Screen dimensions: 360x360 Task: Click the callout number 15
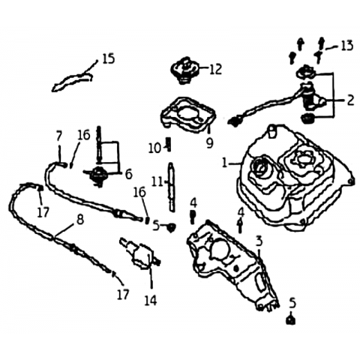(x=109, y=58)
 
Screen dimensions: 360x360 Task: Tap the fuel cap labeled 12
(x=185, y=70)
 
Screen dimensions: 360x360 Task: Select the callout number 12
(x=215, y=69)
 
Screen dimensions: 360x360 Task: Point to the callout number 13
(x=346, y=46)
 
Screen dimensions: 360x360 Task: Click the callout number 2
(x=350, y=100)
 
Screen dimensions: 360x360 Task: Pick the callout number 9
(x=209, y=143)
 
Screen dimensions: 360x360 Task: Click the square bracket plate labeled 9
(x=188, y=115)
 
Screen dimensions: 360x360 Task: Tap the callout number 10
(x=154, y=149)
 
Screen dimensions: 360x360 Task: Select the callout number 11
(x=157, y=182)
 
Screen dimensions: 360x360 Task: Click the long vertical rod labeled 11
(x=171, y=186)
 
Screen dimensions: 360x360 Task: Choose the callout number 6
(x=128, y=174)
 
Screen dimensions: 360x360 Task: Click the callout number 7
(x=58, y=136)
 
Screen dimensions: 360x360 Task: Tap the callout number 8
(x=80, y=220)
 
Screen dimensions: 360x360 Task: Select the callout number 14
(x=151, y=300)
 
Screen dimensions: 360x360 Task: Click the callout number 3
(x=259, y=241)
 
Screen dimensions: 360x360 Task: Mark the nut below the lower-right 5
(x=290, y=320)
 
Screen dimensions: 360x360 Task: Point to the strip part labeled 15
(x=73, y=81)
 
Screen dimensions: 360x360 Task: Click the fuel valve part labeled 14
(x=140, y=253)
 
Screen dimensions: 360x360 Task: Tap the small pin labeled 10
(x=169, y=144)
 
